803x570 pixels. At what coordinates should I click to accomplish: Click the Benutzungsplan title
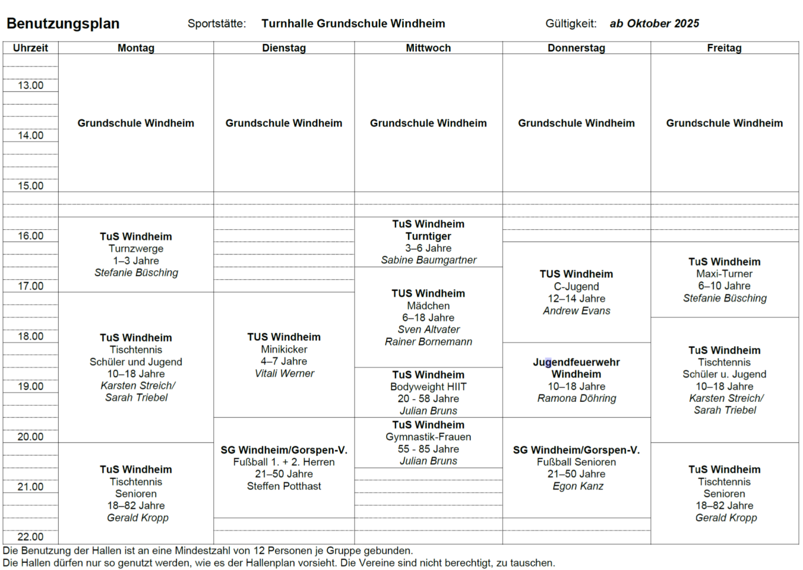[x=63, y=24]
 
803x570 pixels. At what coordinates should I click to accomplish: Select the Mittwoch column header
[x=428, y=48]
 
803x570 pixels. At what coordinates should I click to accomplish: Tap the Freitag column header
[x=724, y=48]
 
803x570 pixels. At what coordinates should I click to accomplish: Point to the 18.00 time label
[x=31, y=336]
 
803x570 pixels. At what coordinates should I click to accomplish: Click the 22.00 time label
[x=31, y=537]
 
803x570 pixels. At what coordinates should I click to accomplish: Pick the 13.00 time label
[x=31, y=85]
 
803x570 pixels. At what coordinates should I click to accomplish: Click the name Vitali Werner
[x=284, y=373]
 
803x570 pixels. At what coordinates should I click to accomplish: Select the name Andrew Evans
[x=576, y=311]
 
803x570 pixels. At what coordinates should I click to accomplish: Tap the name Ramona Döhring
[x=576, y=398]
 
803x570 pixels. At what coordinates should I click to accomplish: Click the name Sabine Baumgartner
[x=428, y=260]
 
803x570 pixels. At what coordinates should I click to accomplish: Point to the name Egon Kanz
[x=577, y=486]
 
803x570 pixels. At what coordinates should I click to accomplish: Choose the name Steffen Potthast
[x=284, y=486]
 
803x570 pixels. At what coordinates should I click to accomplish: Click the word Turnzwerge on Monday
[x=136, y=249]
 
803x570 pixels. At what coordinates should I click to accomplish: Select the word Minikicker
[x=284, y=349]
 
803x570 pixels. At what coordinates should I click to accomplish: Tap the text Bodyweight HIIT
[x=428, y=387]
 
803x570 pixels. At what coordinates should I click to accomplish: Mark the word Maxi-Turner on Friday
[x=724, y=274]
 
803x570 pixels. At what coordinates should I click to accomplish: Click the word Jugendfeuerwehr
[x=576, y=362]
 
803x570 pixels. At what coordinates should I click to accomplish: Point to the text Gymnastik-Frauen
[x=428, y=437]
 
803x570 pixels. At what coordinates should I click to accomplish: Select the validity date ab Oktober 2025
[x=654, y=24]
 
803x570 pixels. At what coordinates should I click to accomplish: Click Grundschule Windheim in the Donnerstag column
[x=576, y=123]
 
